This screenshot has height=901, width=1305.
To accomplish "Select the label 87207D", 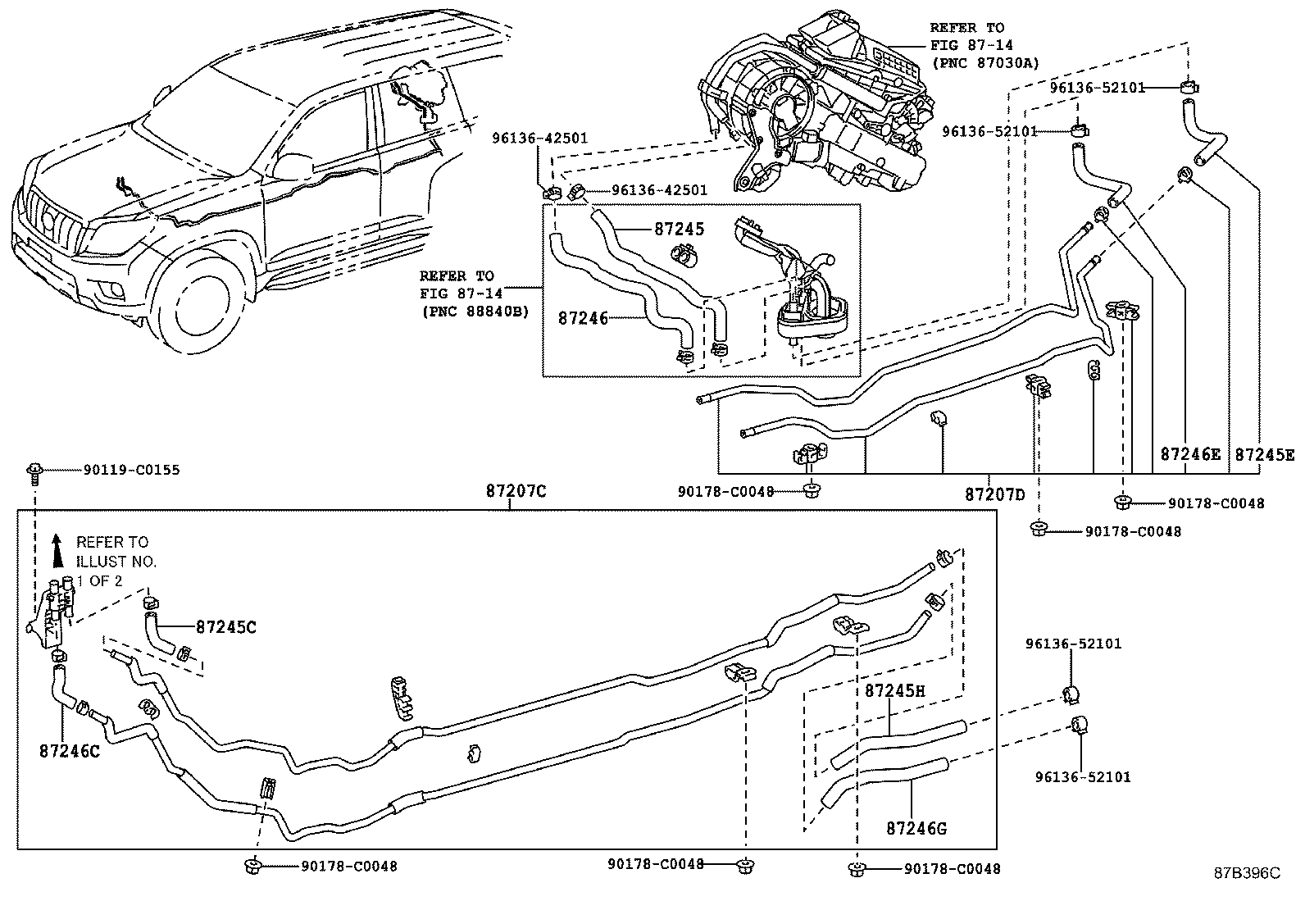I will pos(994,494).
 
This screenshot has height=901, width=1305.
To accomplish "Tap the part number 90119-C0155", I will pos(131,470).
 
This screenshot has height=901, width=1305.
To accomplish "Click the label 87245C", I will pos(226,627).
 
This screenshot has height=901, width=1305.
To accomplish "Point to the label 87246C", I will pos(69,750).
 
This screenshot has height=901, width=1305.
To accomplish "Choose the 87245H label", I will pos(895,690).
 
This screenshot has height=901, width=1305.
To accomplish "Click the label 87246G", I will pos(916,828).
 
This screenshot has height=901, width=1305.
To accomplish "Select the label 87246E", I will pos(1190,453).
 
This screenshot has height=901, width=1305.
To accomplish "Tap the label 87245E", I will pos(1265,453).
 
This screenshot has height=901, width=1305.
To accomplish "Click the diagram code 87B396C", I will pos(1247,873).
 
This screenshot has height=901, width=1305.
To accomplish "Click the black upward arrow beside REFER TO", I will pos(57,550).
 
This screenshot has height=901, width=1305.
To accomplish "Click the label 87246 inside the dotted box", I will pos(583,317).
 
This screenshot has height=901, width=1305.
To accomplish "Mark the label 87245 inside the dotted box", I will pos(679,230).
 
